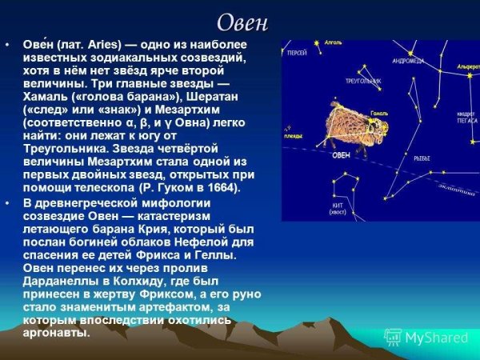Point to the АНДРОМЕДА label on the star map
tap(408, 60)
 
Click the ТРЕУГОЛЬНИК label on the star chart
tap(361, 81)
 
